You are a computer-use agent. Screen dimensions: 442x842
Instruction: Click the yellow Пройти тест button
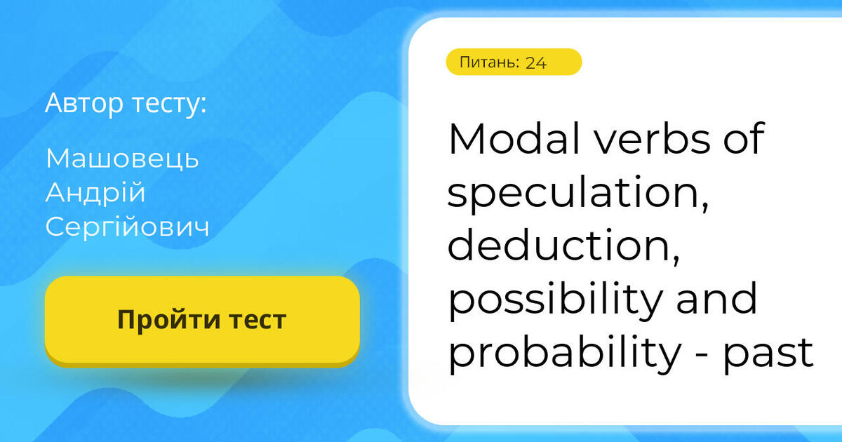(x=202, y=320)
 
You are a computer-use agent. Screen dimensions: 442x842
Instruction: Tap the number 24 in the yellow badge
(x=535, y=62)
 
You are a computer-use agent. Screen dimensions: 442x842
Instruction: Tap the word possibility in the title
(x=555, y=300)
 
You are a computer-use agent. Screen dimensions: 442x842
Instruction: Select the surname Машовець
(x=122, y=159)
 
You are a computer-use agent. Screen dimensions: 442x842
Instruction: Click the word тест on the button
(x=256, y=320)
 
